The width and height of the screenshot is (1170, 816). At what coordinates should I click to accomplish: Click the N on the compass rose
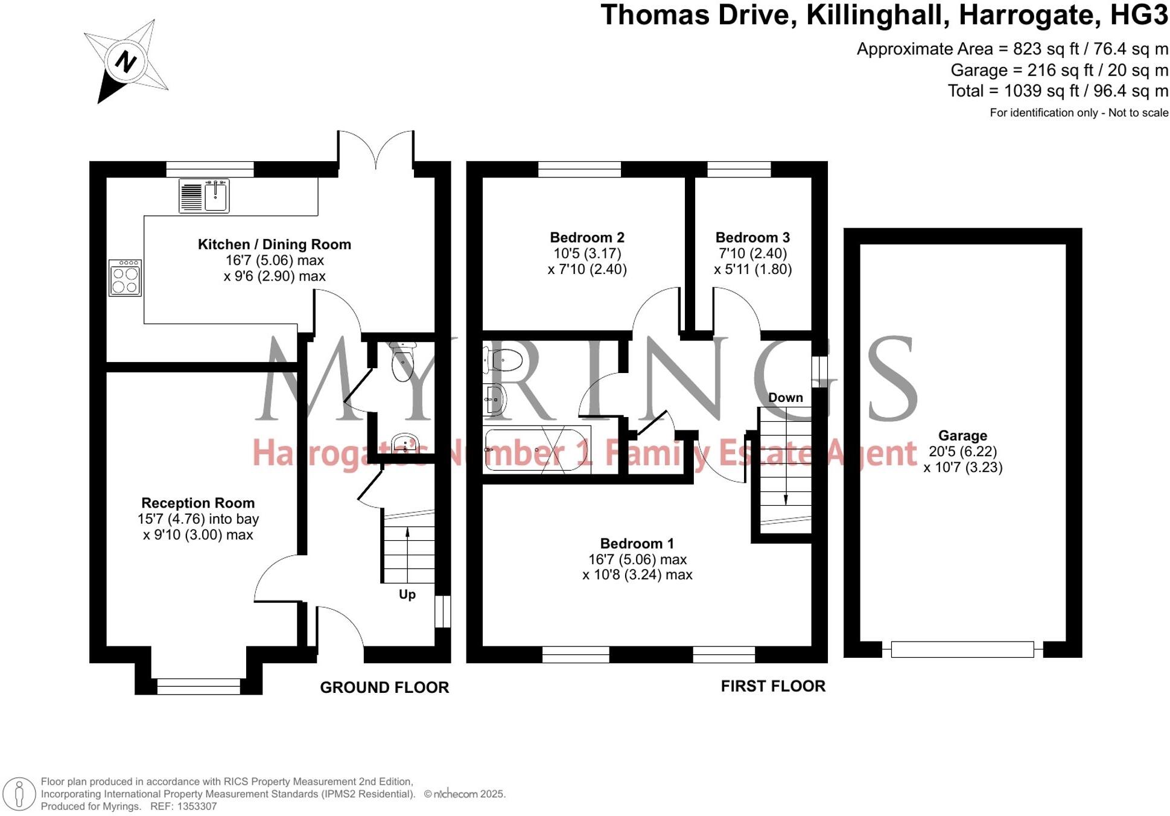(126, 62)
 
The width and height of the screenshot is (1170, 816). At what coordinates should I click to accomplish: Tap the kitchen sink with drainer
(204, 196)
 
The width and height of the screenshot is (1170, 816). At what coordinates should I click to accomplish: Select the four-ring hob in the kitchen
(125, 278)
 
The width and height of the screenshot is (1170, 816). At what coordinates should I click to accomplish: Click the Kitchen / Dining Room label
(274, 244)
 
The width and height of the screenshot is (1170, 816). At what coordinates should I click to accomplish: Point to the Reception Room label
(197, 503)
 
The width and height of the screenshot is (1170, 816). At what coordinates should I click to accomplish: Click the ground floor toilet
(402, 360)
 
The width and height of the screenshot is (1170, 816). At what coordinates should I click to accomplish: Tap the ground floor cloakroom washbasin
(405, 444)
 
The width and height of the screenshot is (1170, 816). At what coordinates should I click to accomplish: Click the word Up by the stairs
(407, 594)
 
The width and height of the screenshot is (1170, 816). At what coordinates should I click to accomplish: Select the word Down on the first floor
(785, 398)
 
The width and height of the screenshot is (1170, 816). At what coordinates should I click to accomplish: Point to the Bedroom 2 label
(587, 237)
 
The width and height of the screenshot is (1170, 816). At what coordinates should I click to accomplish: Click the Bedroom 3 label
(752, 237)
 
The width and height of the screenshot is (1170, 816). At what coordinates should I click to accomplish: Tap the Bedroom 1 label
(637, 543)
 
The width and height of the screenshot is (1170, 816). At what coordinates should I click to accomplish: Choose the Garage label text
(962, 436)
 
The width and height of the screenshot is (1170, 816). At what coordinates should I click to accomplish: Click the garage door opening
(962, 649)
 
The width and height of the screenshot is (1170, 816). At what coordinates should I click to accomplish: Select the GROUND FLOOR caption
(384, 687)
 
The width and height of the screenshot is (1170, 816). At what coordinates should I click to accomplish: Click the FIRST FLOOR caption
(772, 686)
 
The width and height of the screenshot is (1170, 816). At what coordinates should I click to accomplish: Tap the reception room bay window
(199, 686)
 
